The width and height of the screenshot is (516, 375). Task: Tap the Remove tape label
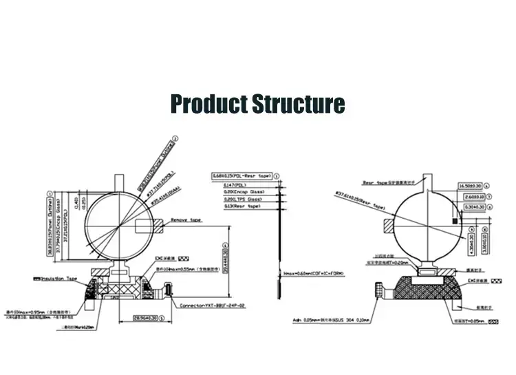click(x=188, y=220)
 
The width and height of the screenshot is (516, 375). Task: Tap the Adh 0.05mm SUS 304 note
click(x=331, y=320)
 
